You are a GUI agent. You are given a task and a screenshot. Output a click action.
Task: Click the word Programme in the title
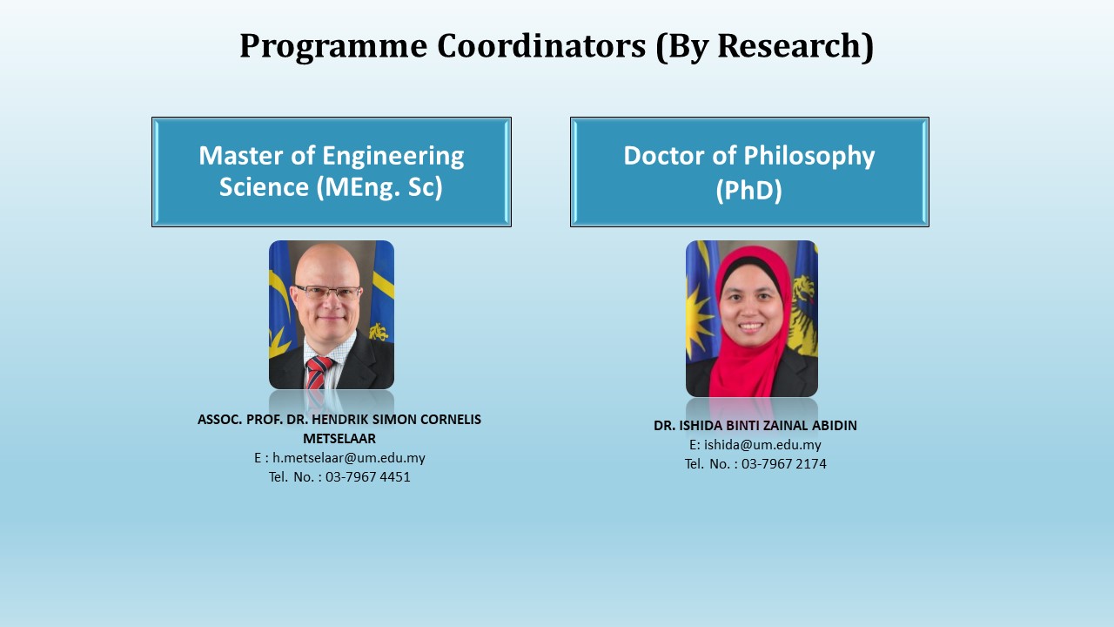click(333, 47)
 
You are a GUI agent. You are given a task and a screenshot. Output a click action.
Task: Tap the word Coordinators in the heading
click(541, 45)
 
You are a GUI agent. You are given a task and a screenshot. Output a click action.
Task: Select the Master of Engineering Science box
click(332, 172)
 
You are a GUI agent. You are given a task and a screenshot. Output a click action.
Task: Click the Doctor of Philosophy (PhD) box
click(749, 172)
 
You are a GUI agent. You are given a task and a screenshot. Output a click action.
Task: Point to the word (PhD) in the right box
click(749, 190)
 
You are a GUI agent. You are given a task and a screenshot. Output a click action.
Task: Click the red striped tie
click(318, 372)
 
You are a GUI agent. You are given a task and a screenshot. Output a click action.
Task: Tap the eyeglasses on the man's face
click(328, 292)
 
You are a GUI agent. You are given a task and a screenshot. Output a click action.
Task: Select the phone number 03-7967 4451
click(368, 476)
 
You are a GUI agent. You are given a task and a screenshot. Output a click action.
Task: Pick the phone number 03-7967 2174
click(784, 464)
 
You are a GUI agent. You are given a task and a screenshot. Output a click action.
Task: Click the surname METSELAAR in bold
click(339, 438)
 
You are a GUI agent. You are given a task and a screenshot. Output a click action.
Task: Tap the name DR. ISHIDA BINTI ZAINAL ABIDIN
click(755, 426)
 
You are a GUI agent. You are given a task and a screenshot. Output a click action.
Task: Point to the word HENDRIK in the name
click(340, 420)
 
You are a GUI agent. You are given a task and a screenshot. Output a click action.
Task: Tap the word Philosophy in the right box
click(809, 157)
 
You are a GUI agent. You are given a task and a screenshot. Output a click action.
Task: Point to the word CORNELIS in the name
click(451, 420)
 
